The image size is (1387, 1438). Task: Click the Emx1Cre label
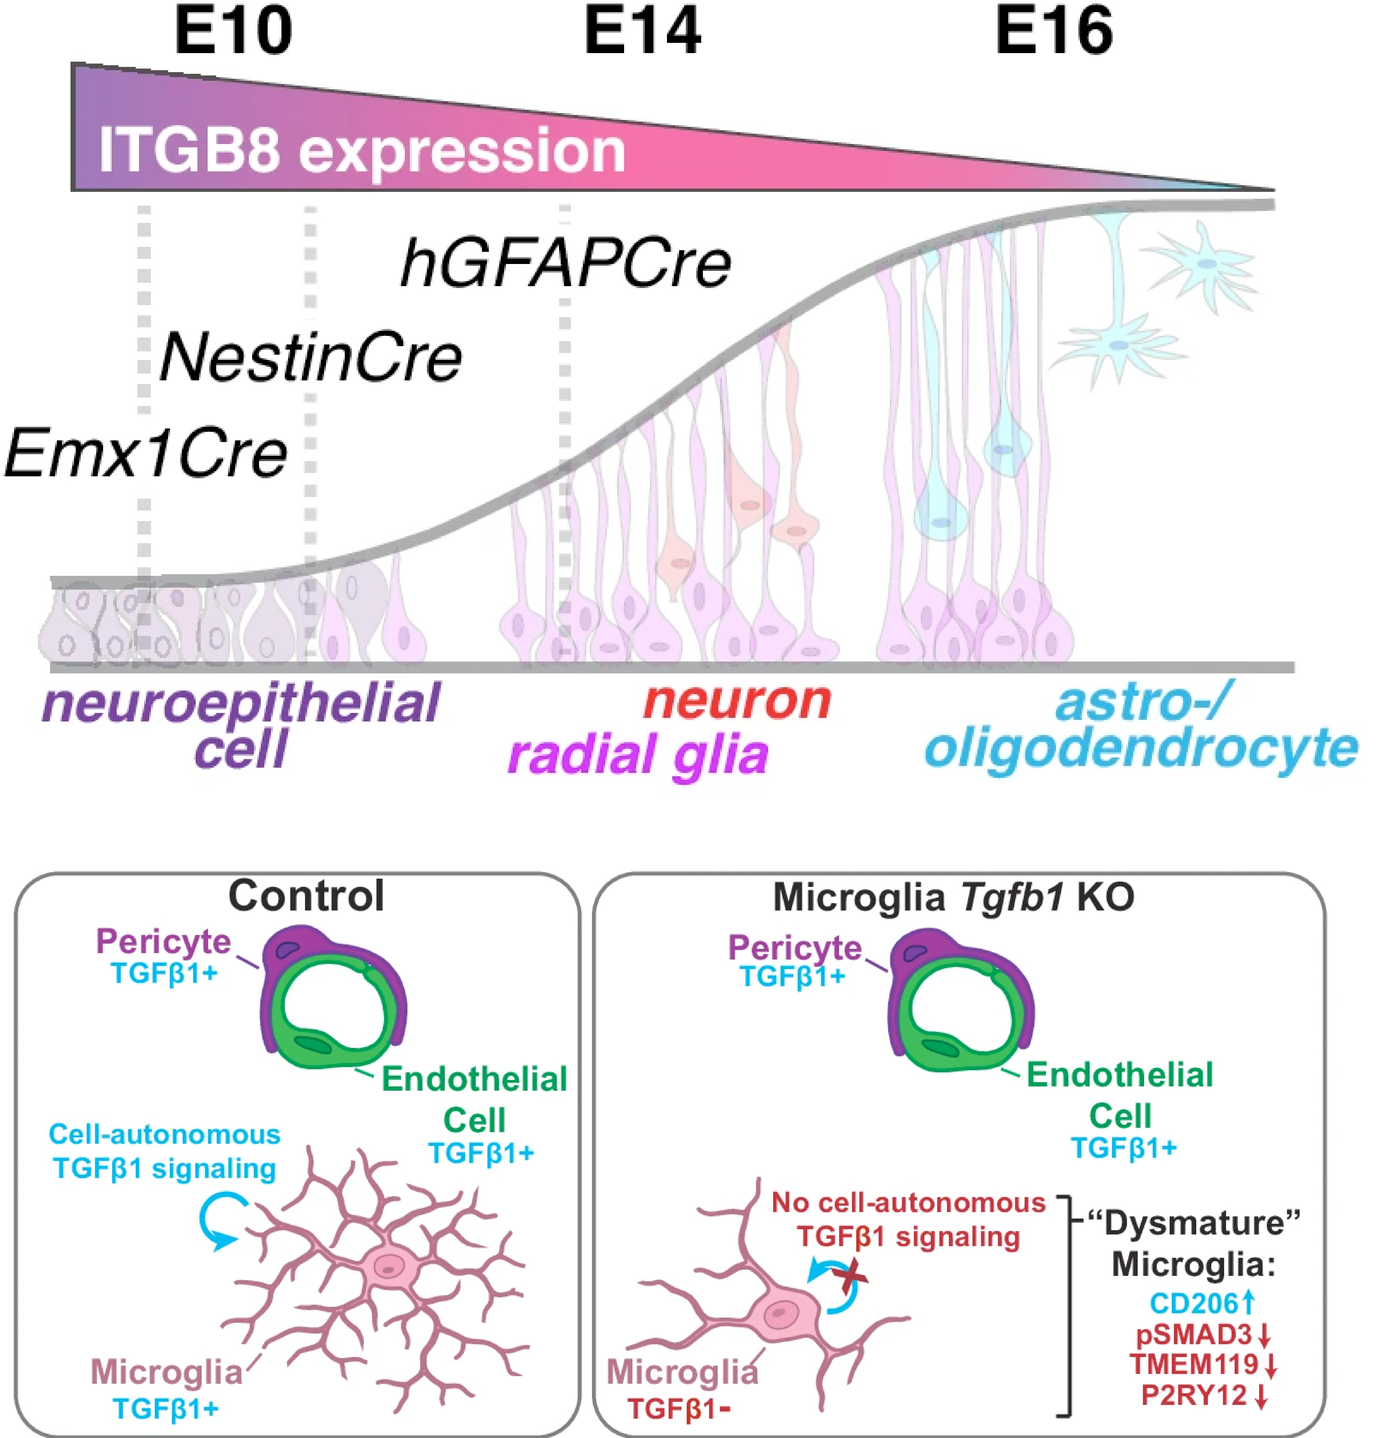(x=145, y=453)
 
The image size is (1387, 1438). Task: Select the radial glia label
(x=638, y=756)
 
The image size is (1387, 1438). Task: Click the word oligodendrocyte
(x=1141, y=748)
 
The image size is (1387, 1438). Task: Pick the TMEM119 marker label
(x=1195, y=1365)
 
